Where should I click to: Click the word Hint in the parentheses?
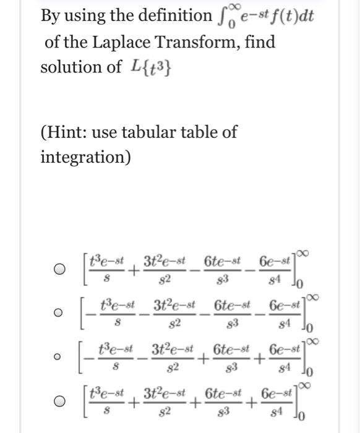[x=70, y=132]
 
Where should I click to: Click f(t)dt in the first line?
[x=290, y=16]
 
